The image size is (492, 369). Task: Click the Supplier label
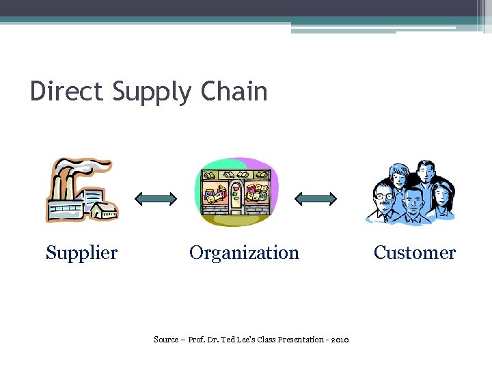[x=81, y=254]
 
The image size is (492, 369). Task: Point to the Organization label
[x=244, y=254]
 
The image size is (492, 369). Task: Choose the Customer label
[x=414, y=253]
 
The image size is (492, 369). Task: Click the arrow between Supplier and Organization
[x=156, y=199]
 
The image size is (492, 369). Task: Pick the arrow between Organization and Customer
[x=316, y=199]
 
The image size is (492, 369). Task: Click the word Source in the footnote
[x=165, y=340]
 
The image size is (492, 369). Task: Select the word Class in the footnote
[x=263, y=340]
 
